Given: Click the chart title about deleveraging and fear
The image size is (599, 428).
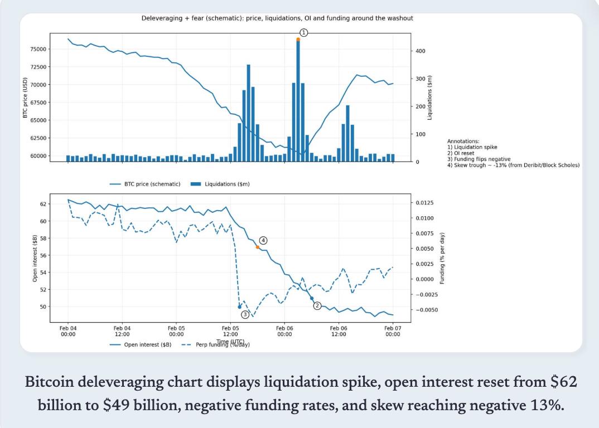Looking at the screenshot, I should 277,18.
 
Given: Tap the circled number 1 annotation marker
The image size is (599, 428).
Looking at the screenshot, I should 304,32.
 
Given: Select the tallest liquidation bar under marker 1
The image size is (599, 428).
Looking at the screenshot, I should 298,100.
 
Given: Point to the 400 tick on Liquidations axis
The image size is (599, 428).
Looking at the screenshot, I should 421,51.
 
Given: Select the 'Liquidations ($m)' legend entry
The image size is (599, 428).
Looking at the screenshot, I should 221,183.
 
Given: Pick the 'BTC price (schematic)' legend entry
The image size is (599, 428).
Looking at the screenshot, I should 145,183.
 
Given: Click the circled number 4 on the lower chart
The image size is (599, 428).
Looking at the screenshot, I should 263,240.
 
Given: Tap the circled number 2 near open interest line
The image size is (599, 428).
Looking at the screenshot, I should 317,305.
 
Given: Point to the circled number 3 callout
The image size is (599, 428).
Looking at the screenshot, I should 245,315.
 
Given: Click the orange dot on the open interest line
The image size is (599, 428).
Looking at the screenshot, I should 257,247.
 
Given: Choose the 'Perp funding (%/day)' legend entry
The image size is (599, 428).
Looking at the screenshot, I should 219,344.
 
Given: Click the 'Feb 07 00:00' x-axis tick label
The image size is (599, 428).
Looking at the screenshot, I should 392,331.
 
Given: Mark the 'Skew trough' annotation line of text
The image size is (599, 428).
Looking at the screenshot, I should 513,164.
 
